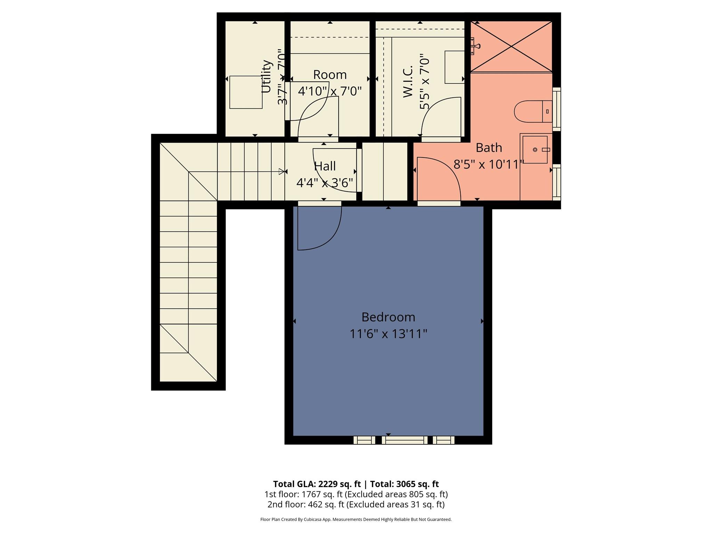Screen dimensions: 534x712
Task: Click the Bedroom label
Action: click(388, 317)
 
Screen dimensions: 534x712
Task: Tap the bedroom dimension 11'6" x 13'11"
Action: click(388, 334)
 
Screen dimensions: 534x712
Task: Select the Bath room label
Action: click(488, 148)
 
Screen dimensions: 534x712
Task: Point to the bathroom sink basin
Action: click(535, 150)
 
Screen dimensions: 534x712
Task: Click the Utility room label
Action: click(266, 76)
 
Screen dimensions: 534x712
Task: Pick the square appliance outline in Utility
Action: click(246, 92)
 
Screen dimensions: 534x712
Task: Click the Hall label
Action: click(325, 166)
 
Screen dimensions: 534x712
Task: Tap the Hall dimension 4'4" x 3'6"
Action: click(324, 183)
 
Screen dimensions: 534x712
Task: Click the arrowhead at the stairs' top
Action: click(281, 171)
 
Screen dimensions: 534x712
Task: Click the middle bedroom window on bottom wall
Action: click(404, 440)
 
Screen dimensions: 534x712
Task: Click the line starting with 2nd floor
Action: click(356, 504)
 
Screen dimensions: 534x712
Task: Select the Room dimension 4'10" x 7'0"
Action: click(330, 91)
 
